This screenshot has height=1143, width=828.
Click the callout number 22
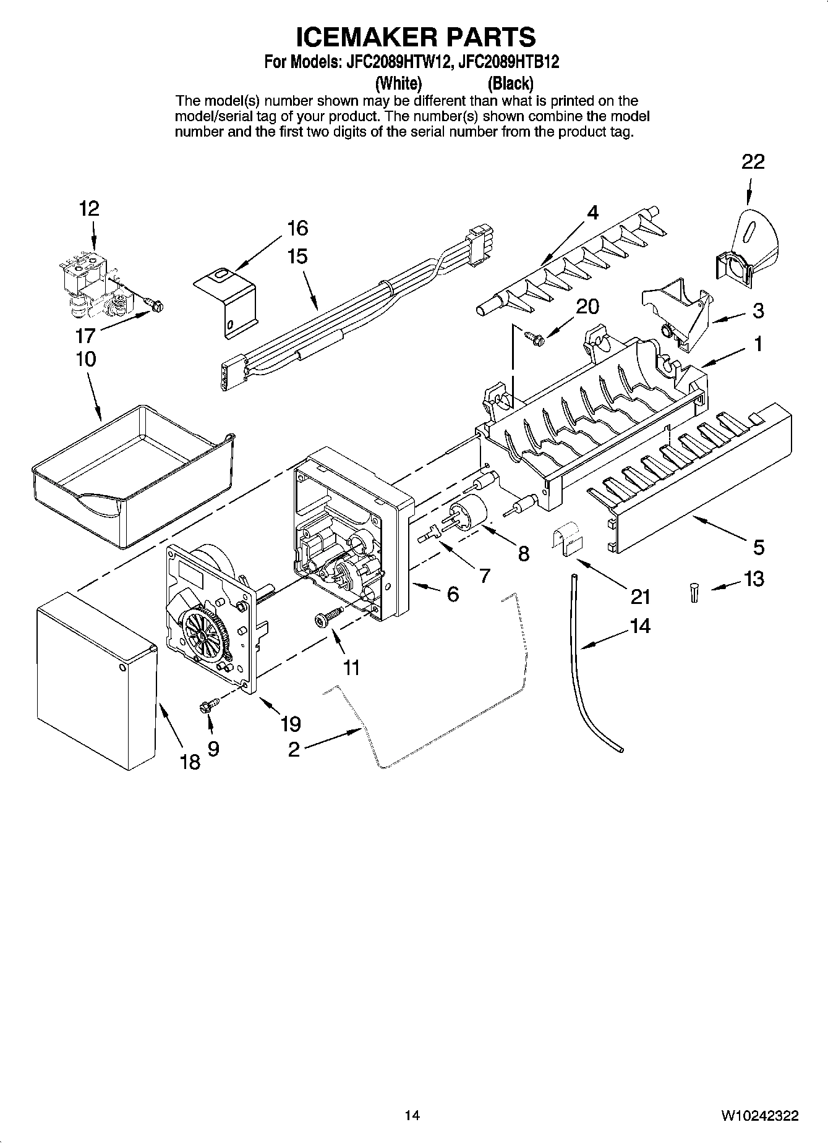tap(753, 162)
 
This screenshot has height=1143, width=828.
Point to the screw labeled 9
tap(207, 705)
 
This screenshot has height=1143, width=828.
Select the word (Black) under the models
tap(510, 82)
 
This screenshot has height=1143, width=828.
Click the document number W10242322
tap(759, 1115)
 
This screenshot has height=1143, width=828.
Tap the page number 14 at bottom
tap(412, 1115)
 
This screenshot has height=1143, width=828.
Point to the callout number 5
tap(758, 546)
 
